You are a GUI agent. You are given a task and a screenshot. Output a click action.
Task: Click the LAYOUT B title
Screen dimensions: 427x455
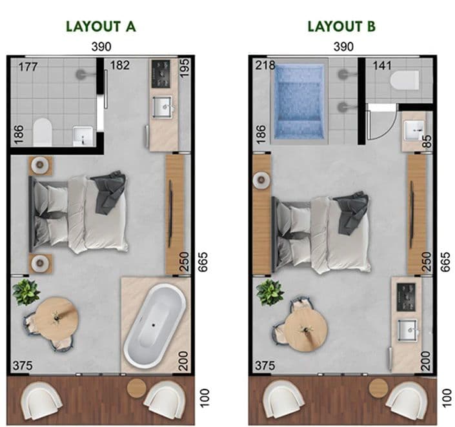(341, 26)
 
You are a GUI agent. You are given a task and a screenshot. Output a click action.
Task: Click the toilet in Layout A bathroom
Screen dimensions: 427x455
(42, 132)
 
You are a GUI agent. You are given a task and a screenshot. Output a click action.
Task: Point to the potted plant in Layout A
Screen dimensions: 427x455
(26, 292)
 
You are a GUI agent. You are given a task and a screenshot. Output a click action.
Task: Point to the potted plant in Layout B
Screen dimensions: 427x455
(270, 292)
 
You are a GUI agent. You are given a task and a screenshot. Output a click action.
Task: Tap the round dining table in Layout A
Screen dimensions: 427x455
(57, 316)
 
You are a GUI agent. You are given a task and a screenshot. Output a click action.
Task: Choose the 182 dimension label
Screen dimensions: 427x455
(120, 66)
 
